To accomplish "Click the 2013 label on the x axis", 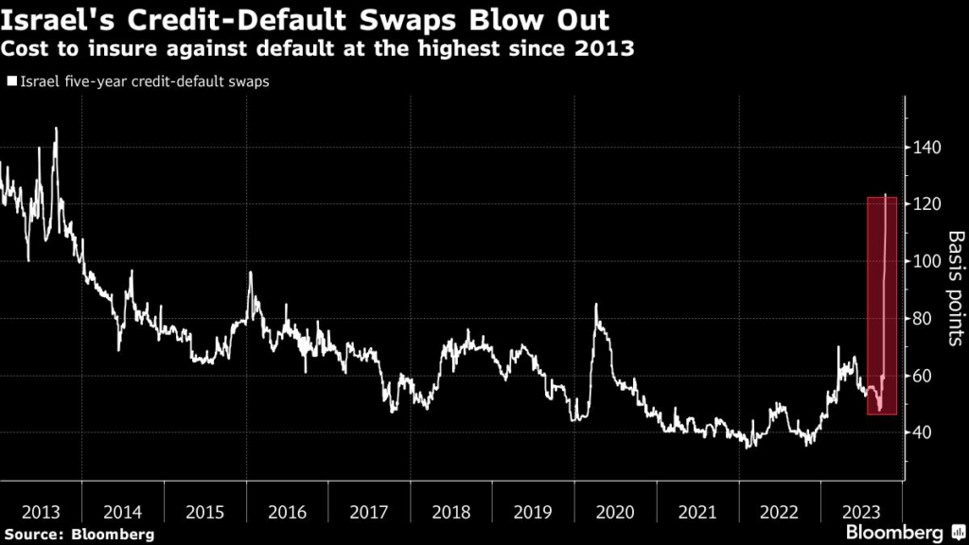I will (41, 512).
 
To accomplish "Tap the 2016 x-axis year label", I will (287, 512).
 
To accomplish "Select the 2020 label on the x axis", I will (615, 512).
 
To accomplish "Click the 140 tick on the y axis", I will (928, 148).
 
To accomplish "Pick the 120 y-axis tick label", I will (928, 204).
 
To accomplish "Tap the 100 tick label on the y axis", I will (928, 262).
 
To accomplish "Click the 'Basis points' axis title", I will (956, 289).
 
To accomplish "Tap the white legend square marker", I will (10, 82).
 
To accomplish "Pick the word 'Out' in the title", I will (578, 18).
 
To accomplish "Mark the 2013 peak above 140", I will (56, 129).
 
